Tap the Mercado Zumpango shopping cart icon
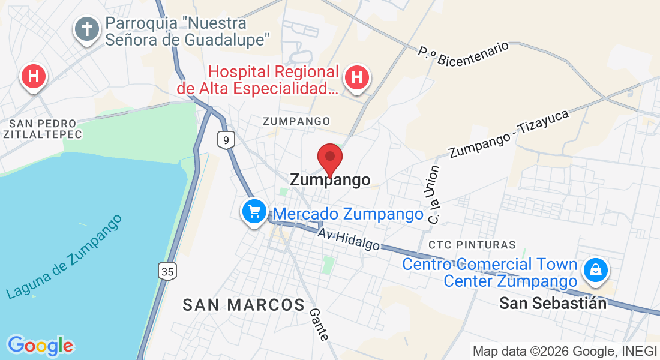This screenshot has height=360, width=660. click(254, 211)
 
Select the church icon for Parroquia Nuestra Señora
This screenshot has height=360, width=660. click(87, 29)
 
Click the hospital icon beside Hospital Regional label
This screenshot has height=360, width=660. click(357, 77)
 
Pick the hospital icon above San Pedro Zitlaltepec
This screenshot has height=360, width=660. click(34, 76)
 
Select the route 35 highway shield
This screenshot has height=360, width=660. click(168, 271)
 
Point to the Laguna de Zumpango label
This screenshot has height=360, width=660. click(64, 256)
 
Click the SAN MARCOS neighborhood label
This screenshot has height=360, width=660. click(244, 305)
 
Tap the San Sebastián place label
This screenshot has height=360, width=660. click(553, 304)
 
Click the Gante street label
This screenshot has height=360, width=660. click(319, 325)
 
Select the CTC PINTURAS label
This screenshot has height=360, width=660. click(472, 245)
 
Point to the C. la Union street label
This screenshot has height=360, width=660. click(433, 195)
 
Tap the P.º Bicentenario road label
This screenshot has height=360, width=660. click(463, 53)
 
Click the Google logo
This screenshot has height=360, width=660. click(41, 345)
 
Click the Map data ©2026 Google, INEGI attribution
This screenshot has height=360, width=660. click(565, 351)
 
